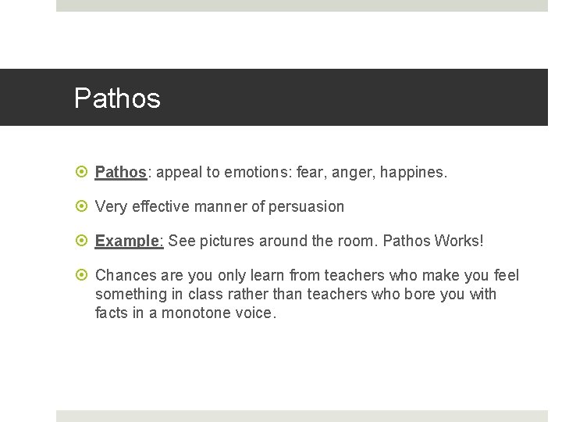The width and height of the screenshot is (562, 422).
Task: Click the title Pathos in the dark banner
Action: (x=117, y=98)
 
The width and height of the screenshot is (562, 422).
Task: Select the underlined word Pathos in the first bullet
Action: (x=120, y=172)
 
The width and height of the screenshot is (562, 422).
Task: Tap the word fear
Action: (x=308, y=172)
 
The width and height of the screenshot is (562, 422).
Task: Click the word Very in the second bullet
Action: (x=110, y=206)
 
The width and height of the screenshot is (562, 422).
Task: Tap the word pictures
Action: (x=227, y=241)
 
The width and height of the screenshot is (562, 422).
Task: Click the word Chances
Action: (x=125, y=275)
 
